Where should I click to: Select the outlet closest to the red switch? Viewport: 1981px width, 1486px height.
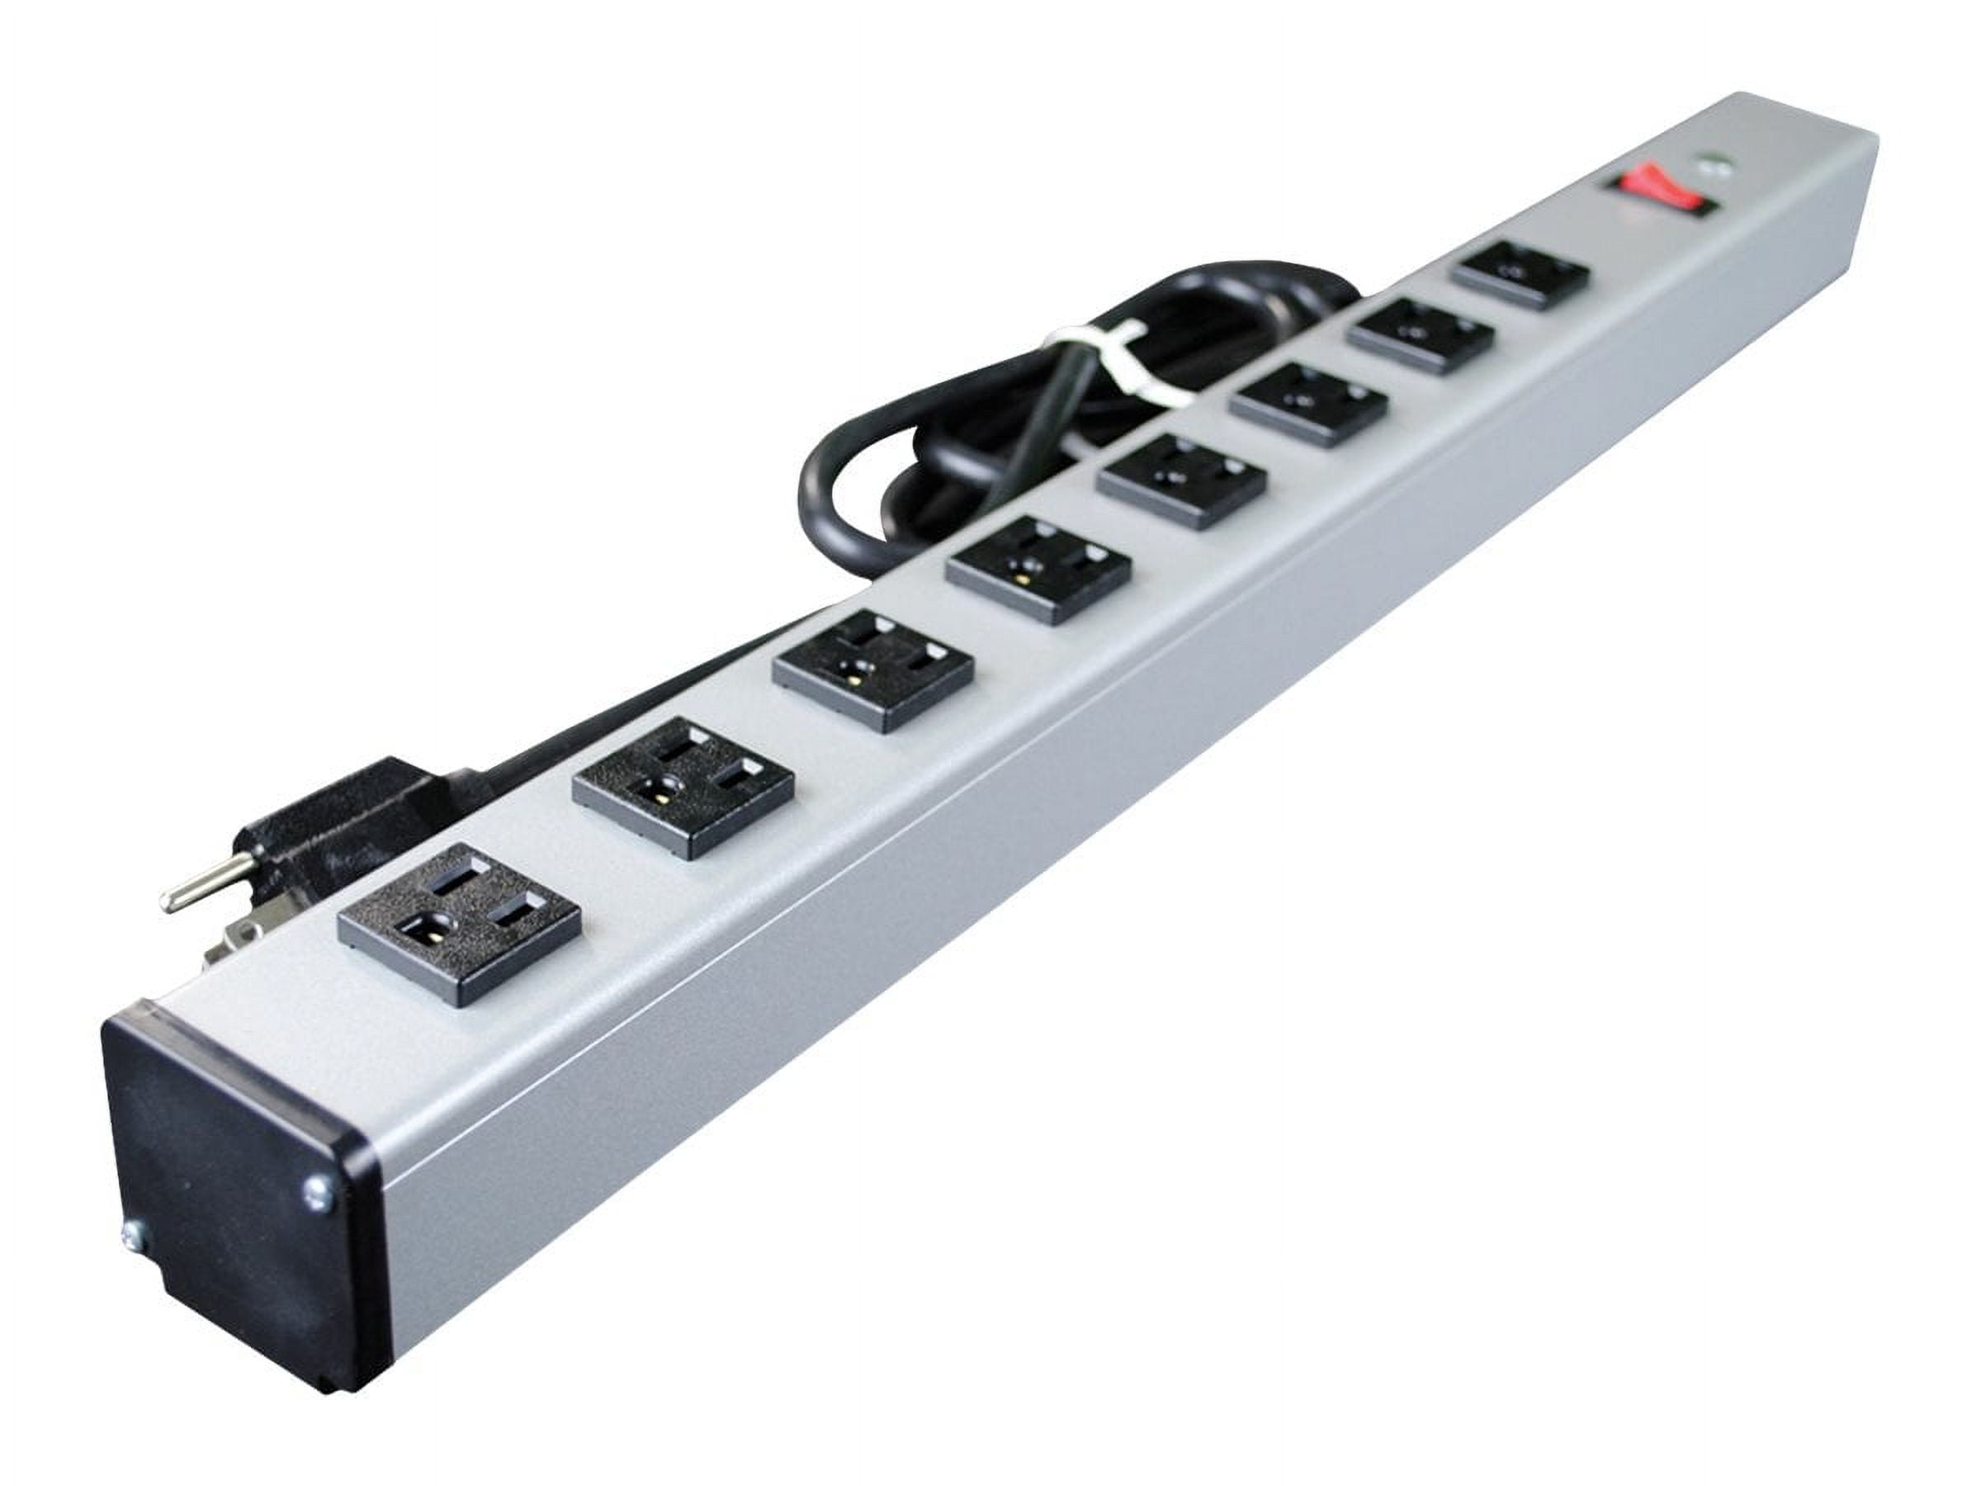pos(1520,273)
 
